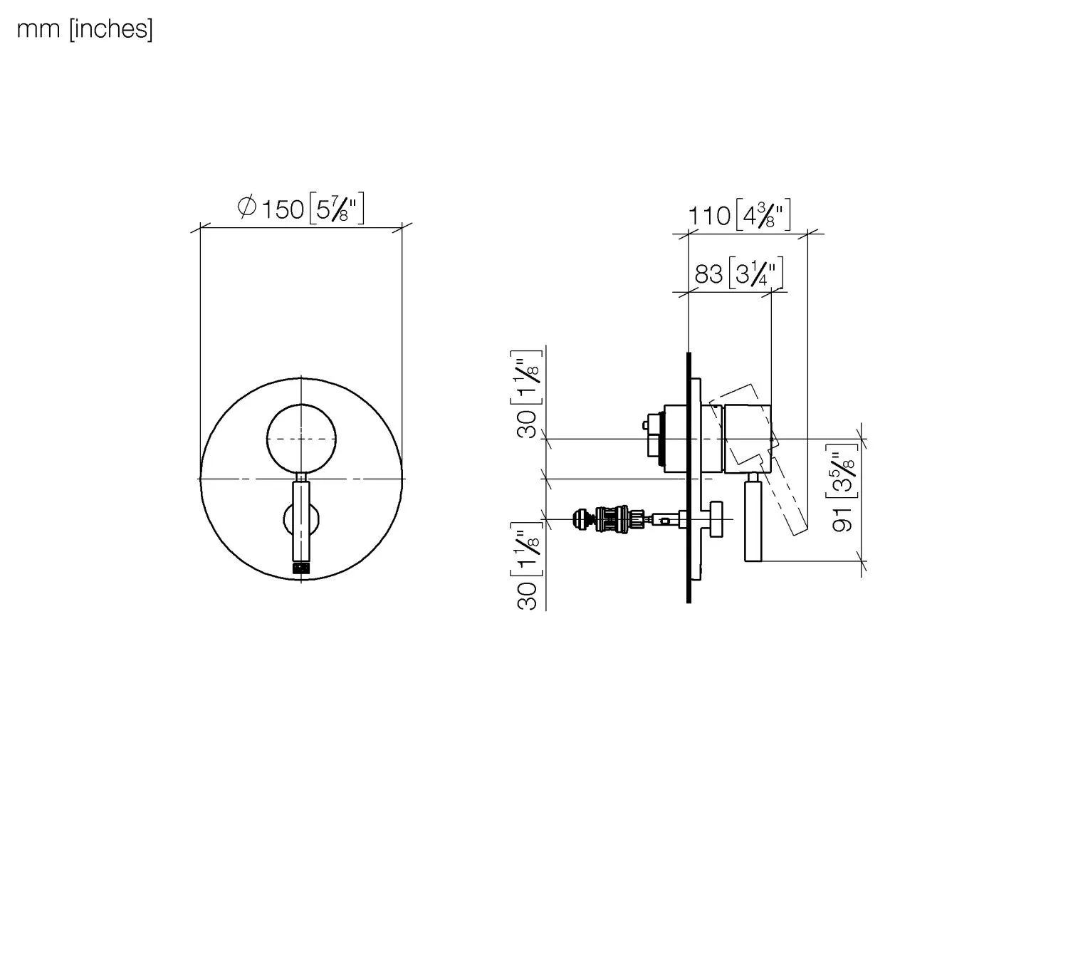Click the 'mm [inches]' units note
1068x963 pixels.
(x=84, y=29)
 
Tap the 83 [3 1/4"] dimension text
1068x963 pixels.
(x=739, y=273)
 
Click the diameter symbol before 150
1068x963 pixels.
(x=246, y=207)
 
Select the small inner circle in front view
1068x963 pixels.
(x=301, y=438)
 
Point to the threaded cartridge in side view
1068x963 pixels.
(x=614, y=519)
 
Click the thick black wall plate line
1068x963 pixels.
(x=689, y=477)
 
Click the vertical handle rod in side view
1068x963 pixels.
(x=753, y=520)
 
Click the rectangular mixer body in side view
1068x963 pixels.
(x=748, y=437)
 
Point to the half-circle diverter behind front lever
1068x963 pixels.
(x=288, y=519)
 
